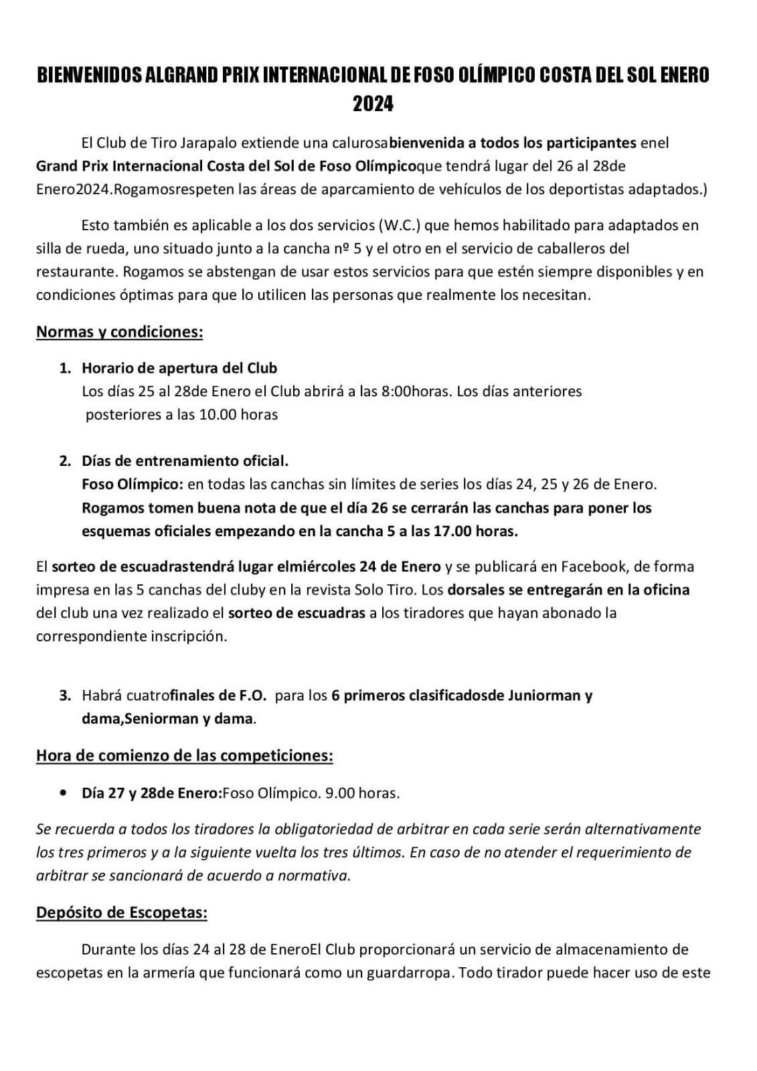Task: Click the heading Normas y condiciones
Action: [x=119, y=332]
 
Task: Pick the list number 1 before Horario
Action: [x=64, y=367]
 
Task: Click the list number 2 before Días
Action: [x=64, y=461]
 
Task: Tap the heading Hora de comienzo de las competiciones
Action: [x=185, y=756]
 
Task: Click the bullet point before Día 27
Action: [x=63, y=793]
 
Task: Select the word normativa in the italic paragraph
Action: [x=318, y=876]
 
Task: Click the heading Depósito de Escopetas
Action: [x=122, y=912]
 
